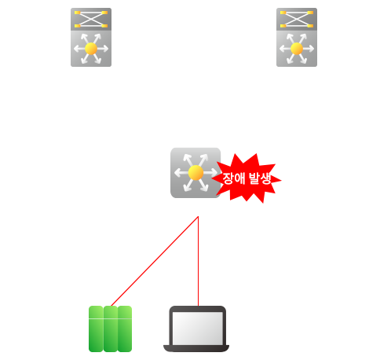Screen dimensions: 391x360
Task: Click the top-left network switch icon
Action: [x=91, y=37]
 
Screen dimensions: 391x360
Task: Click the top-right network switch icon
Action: [x=297, y=37]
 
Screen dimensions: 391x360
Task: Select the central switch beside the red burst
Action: [x=195, y=173]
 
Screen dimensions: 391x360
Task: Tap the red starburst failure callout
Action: [x=247, y=178]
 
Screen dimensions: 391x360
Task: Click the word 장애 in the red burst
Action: [x=234, y=178]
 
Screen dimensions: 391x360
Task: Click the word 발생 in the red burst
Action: [x=260, y=178]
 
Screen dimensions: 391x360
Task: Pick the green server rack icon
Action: [x=110, y=329]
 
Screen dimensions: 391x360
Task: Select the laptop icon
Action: [x=196, y=329]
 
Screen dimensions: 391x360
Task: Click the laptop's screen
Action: [x=198, y=329]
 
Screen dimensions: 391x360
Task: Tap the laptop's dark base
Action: [x=196, y=348]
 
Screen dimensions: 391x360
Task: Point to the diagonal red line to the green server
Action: [x=155, y=261]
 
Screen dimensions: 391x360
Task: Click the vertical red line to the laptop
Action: [x=198, y=261]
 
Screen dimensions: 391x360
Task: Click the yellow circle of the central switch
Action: [x=195, y=173]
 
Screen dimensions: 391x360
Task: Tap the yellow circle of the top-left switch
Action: [x=91, y=49]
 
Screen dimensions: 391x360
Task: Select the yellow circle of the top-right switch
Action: [x=297, y=49]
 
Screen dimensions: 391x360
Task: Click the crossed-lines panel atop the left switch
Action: [x=91, y=19]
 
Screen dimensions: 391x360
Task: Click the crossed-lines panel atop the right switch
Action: [x=297, y=19]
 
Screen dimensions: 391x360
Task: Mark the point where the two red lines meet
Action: [x=198, y=217]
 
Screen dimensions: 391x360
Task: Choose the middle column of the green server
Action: [x=110, y=329]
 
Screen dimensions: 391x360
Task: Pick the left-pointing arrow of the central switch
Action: [x=181, y=173]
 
